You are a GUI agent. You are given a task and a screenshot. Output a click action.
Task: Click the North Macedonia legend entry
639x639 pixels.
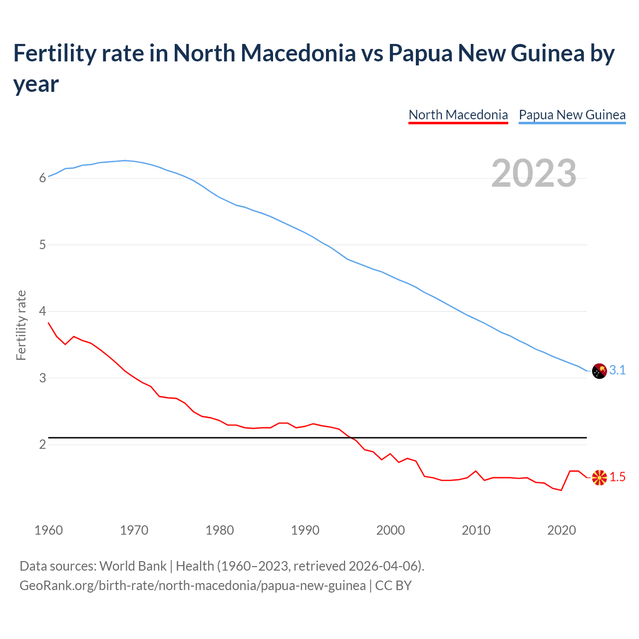point(458,115)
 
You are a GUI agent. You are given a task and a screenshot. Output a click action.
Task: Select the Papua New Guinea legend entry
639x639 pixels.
point(572,115)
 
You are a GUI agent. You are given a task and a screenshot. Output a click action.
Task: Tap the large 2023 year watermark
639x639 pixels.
point(534,173)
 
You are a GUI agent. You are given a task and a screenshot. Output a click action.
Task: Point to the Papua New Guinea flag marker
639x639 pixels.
point(599,371)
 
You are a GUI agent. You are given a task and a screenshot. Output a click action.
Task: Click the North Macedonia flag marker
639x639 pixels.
point(599,477)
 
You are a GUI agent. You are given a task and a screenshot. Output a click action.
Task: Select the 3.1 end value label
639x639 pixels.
point(618,370)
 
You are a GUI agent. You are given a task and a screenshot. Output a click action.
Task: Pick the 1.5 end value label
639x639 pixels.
point(618,477)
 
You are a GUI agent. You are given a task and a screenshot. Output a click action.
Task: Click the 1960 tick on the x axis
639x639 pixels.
point(49,530)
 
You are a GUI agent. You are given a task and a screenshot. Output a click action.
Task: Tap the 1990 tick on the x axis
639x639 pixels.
point(305,530)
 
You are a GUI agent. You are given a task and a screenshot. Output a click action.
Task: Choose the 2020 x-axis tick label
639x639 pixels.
point(562,530)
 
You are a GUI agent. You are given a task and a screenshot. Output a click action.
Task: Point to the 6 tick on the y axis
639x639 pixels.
point(42,178)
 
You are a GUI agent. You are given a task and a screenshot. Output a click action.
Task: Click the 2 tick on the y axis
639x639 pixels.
point(42,444)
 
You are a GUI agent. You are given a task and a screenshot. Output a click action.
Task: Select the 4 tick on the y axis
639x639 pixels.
point(42,312)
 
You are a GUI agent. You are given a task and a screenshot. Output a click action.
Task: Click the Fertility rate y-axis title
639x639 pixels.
point(21,325)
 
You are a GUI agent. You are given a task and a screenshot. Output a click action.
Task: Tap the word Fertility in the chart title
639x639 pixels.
point(53,53)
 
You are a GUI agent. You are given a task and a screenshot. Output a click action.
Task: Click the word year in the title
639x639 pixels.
point(36,84)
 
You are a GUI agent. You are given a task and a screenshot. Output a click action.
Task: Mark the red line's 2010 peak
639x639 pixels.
point(476,471)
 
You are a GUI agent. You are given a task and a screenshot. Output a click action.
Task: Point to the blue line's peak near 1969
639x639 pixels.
point(125,161)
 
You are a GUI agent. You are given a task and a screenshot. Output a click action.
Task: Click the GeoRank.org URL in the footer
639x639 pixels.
point(192,585)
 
